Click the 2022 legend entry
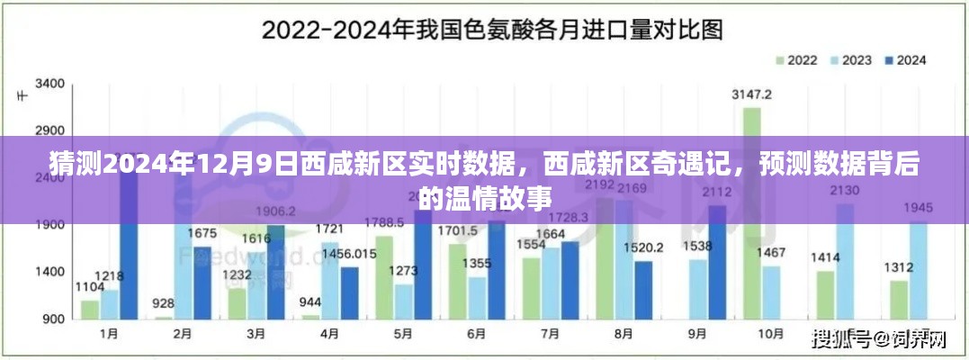pyautogui.click(x=796, y=60)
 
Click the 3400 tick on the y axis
pyautogui.click(x=49, y=84)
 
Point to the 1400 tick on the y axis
pyautogui.click(x=49, y=272)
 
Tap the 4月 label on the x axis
pyautogui.click(x=330, y=334)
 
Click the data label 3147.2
pyautogui.click(x=751, y=94)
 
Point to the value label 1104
pyautogui.click(x=89, y=287)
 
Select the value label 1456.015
pyautogui.click(x=350, y=255)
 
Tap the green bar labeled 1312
pyautogui.click(x=898, y=300)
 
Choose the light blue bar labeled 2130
pyautogui.click(x=845, y=261)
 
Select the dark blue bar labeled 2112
pyautogui.click(x=716, y=262)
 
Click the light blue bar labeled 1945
pyautogui.click(x=918, y=270)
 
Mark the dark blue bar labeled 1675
pyautogui.click(x=202, y=283)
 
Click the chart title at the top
pyautogui.click(x=492, y=31)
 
